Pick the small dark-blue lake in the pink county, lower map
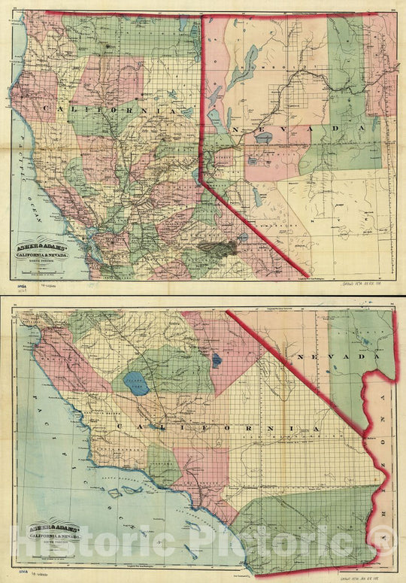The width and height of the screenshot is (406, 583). point(217,360)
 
